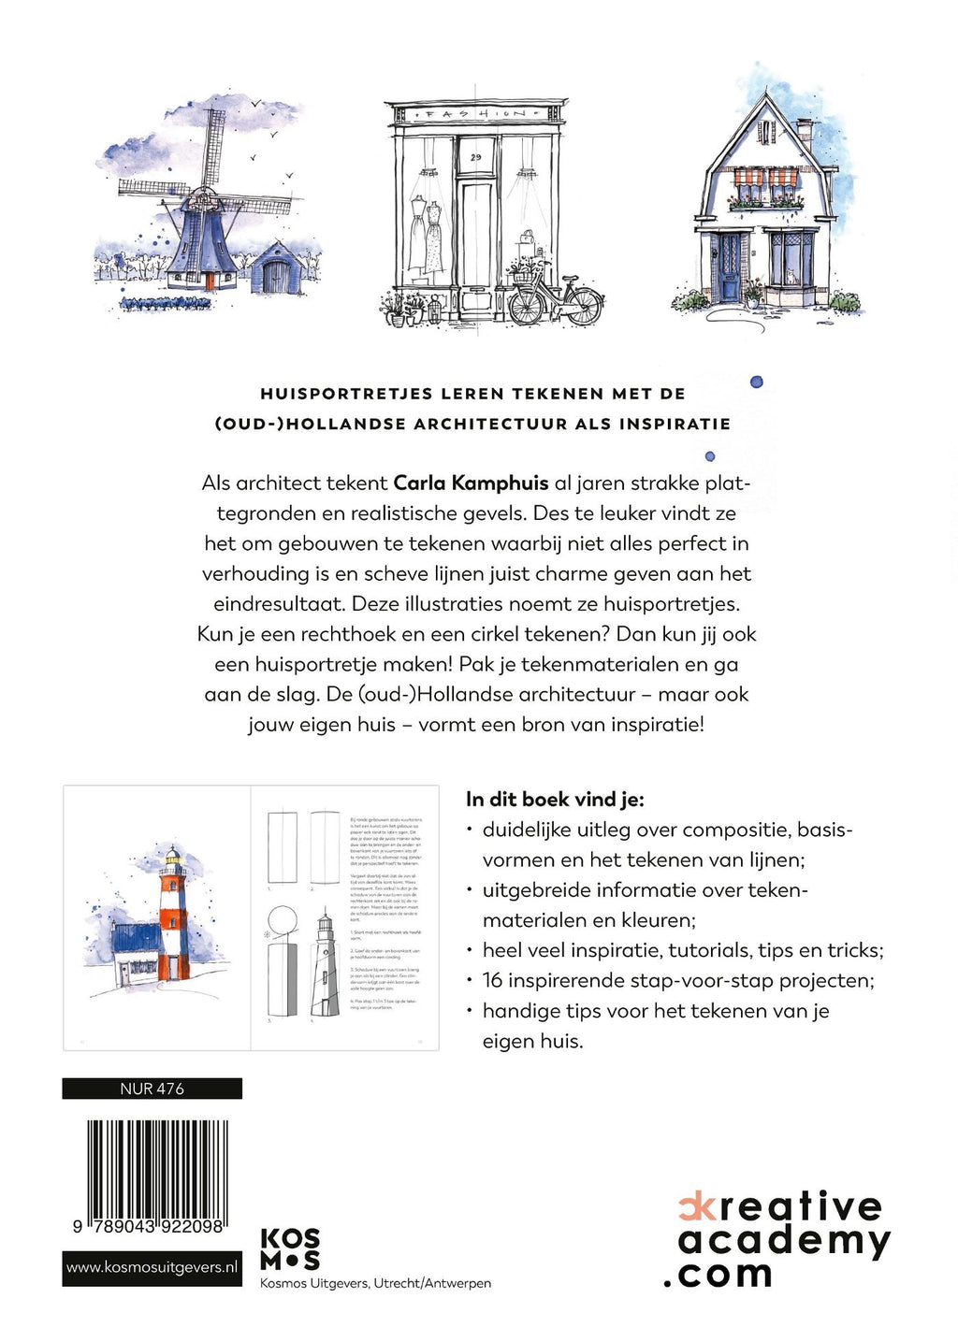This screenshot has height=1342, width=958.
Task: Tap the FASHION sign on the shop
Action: click(476, 114)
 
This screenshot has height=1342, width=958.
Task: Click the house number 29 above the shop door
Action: click(475, 157)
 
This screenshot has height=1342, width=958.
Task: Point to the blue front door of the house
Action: click(730, 267)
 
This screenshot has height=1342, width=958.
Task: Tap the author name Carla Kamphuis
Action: click(471, 483)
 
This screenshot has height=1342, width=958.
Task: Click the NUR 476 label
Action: click(152, 1089)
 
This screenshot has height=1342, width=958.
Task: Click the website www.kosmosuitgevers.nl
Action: click(152, 1268)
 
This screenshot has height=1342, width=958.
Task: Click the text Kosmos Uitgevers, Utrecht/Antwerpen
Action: click(375, 1284)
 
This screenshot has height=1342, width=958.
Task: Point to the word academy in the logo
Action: click(784, 1241)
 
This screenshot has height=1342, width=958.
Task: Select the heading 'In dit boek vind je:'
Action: click(555, 800)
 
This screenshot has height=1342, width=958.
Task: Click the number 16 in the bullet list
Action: click(493, 980)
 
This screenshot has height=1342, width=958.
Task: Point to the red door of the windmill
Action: click(209, 280)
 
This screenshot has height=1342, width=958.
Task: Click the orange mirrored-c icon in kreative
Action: click(691, 1207)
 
